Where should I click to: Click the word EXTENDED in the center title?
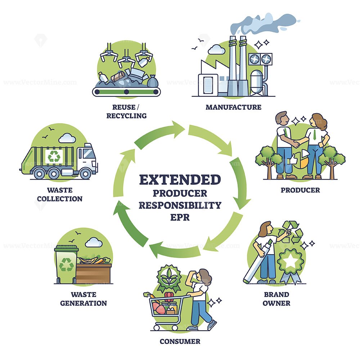pos(180,180)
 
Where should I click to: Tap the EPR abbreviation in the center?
pos(180,217)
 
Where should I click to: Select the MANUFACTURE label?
pos(234,107)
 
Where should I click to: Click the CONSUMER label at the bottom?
pos(180,341)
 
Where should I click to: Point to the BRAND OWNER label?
pos(276,299)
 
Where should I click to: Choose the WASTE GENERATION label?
pos(84,299)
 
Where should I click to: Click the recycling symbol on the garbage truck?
pos(54,157)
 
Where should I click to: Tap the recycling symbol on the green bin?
pos(66,265)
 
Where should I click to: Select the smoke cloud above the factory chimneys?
pos(264,24)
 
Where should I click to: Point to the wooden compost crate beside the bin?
pos(94,273)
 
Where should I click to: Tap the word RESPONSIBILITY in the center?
pos(180,205)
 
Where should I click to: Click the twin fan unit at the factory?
pos(261,59)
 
